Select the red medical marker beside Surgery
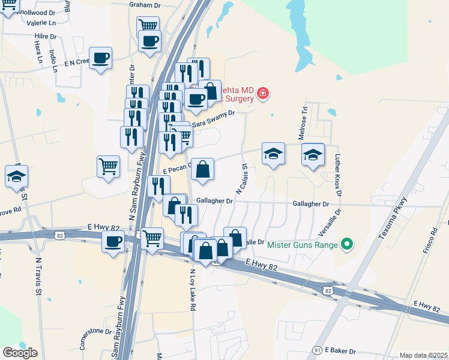(262, 94)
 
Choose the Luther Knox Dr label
(338, 176)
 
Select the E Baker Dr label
(340, 350)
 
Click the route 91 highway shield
(316, 350)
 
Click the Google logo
(20, 353)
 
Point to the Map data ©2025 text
(423, 355)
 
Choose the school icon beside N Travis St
(16, 176)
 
